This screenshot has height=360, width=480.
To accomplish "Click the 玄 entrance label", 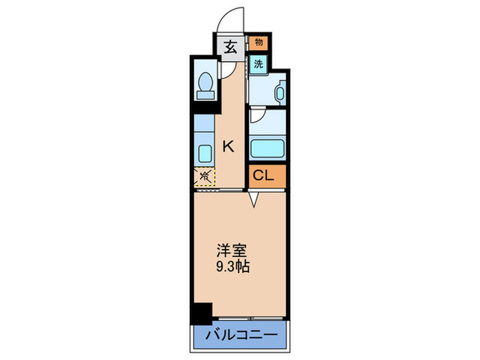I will (229, 48).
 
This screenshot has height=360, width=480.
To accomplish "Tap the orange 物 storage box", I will (259, 43).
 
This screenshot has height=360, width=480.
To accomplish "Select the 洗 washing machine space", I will (258, 64).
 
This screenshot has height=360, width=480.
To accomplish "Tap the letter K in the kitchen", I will (228, 145).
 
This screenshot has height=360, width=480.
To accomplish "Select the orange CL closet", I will (264, 176).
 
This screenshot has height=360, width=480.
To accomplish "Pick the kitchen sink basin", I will (204, 152).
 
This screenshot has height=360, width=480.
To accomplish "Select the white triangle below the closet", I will (254, 200).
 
